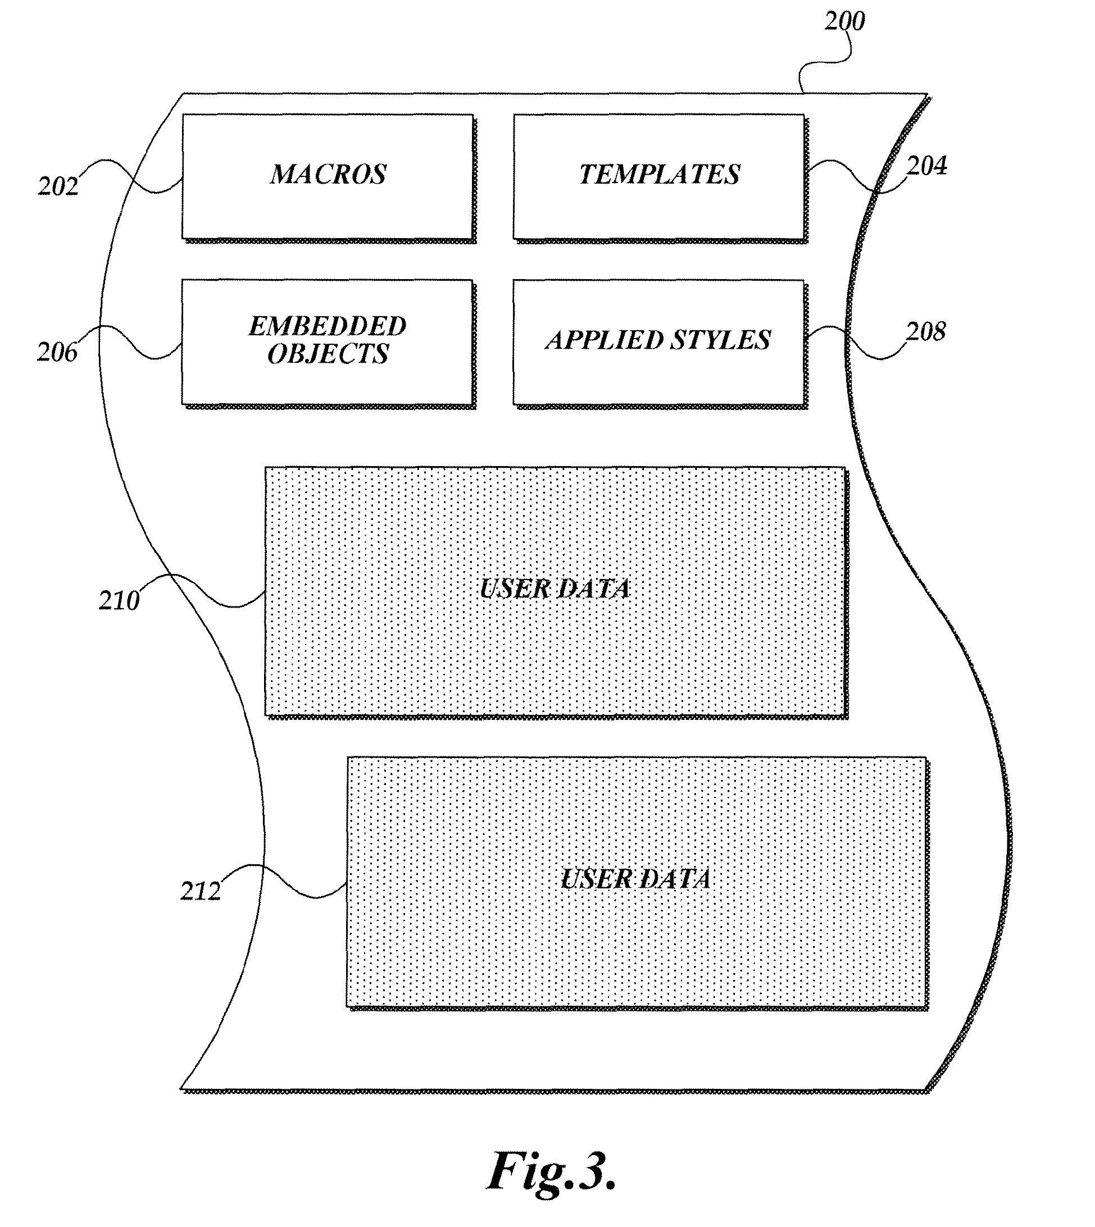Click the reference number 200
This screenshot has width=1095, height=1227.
point(844,22)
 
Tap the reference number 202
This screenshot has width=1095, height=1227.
point(58,186)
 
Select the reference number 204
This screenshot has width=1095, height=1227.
point(926,166)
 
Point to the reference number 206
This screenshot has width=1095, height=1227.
point(57,353)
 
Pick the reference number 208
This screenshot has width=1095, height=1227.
point(926,331)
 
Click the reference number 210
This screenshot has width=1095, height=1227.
point(119,600)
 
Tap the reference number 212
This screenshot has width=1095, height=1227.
point(201,891)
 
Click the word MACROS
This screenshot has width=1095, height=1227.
point(329,175)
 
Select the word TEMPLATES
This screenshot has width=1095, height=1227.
point(660,175)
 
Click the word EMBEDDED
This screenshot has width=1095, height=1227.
point(328,327)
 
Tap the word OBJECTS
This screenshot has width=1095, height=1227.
point(328,354)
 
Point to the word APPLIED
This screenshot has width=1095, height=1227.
point(604,340)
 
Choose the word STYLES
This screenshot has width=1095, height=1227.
point(720,340)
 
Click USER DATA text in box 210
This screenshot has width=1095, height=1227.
point(555,589)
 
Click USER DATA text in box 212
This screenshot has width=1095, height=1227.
point(636,879)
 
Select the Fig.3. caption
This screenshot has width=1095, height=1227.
point(552,1170)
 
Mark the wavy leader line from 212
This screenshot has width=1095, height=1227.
point(283,881)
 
